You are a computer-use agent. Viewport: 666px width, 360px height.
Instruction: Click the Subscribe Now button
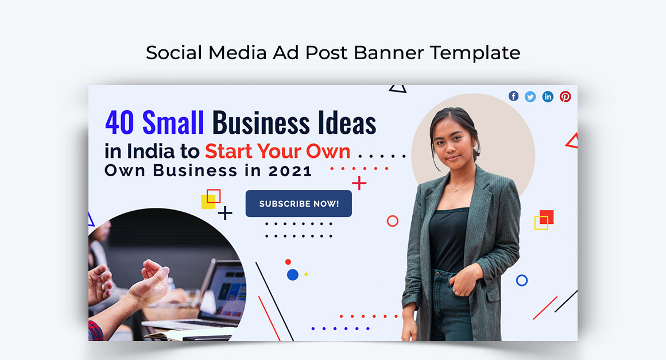tap(299, 204)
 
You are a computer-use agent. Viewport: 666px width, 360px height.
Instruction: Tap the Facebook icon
tap(513, 96)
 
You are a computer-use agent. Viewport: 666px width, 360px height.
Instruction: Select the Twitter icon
tap(531, 96)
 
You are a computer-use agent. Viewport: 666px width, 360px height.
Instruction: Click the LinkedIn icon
tap(548, 96)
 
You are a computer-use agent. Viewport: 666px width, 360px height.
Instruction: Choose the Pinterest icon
tap(566, 96)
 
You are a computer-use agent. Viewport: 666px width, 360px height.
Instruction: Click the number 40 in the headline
tap(120, 122)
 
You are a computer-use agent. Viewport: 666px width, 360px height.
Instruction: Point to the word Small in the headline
tap(173, 122)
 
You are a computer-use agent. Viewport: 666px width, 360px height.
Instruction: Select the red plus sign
tap(359, 183)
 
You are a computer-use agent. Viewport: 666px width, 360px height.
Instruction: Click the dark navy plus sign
tap(225, 213)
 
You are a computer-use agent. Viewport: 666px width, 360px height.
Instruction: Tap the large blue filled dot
tap(293, 274)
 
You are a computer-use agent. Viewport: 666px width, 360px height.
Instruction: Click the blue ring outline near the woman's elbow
tap(522, 280)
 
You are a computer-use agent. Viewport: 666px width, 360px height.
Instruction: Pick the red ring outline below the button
tap(393, 221)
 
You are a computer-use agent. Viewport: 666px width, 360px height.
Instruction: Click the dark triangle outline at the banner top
tap(397, 88)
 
